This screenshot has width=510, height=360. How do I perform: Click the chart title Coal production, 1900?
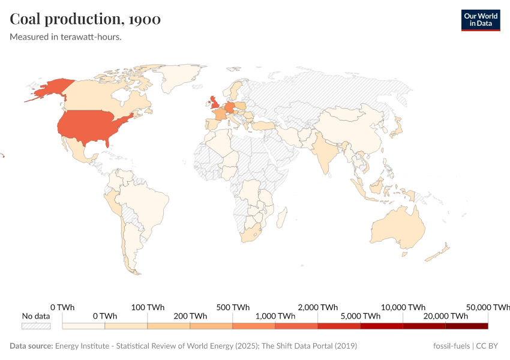click(85, 19)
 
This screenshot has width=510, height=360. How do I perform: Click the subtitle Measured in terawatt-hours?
click(66, 37)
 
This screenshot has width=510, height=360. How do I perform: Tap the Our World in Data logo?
click(480, 20)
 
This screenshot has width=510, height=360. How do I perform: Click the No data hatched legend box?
click(36, 326)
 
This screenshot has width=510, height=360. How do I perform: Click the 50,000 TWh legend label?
click(488, 307)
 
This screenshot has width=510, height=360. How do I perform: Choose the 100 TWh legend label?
click(148, 307)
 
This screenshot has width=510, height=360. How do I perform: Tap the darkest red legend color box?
click(467, 326)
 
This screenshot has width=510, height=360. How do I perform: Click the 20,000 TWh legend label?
click(446, 316)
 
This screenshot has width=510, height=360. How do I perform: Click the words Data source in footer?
click(31, 346)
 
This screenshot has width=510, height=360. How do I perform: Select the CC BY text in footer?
click(489, 346)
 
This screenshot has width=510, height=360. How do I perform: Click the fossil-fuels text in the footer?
click(451, 346)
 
